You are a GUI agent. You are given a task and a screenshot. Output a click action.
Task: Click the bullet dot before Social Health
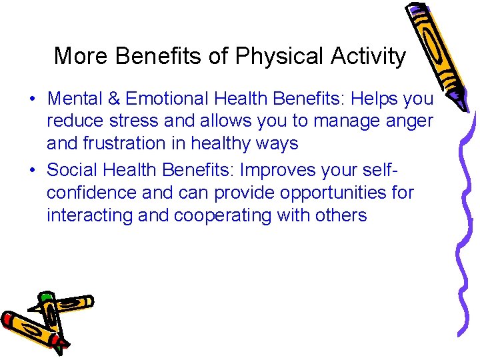(x=33, y=171)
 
